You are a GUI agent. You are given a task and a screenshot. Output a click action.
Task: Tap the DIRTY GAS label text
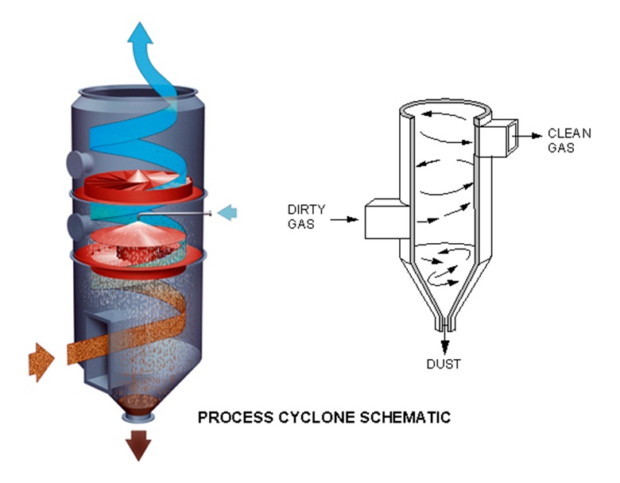tap(303, 217)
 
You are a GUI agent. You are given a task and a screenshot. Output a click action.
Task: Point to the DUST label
tap(444, 364)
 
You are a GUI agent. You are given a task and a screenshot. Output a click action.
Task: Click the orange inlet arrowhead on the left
tap(41, 362)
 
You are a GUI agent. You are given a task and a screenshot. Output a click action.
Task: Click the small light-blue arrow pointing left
tap(227, 212)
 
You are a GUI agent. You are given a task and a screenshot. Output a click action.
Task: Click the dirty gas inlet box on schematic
tap(381, 218)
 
